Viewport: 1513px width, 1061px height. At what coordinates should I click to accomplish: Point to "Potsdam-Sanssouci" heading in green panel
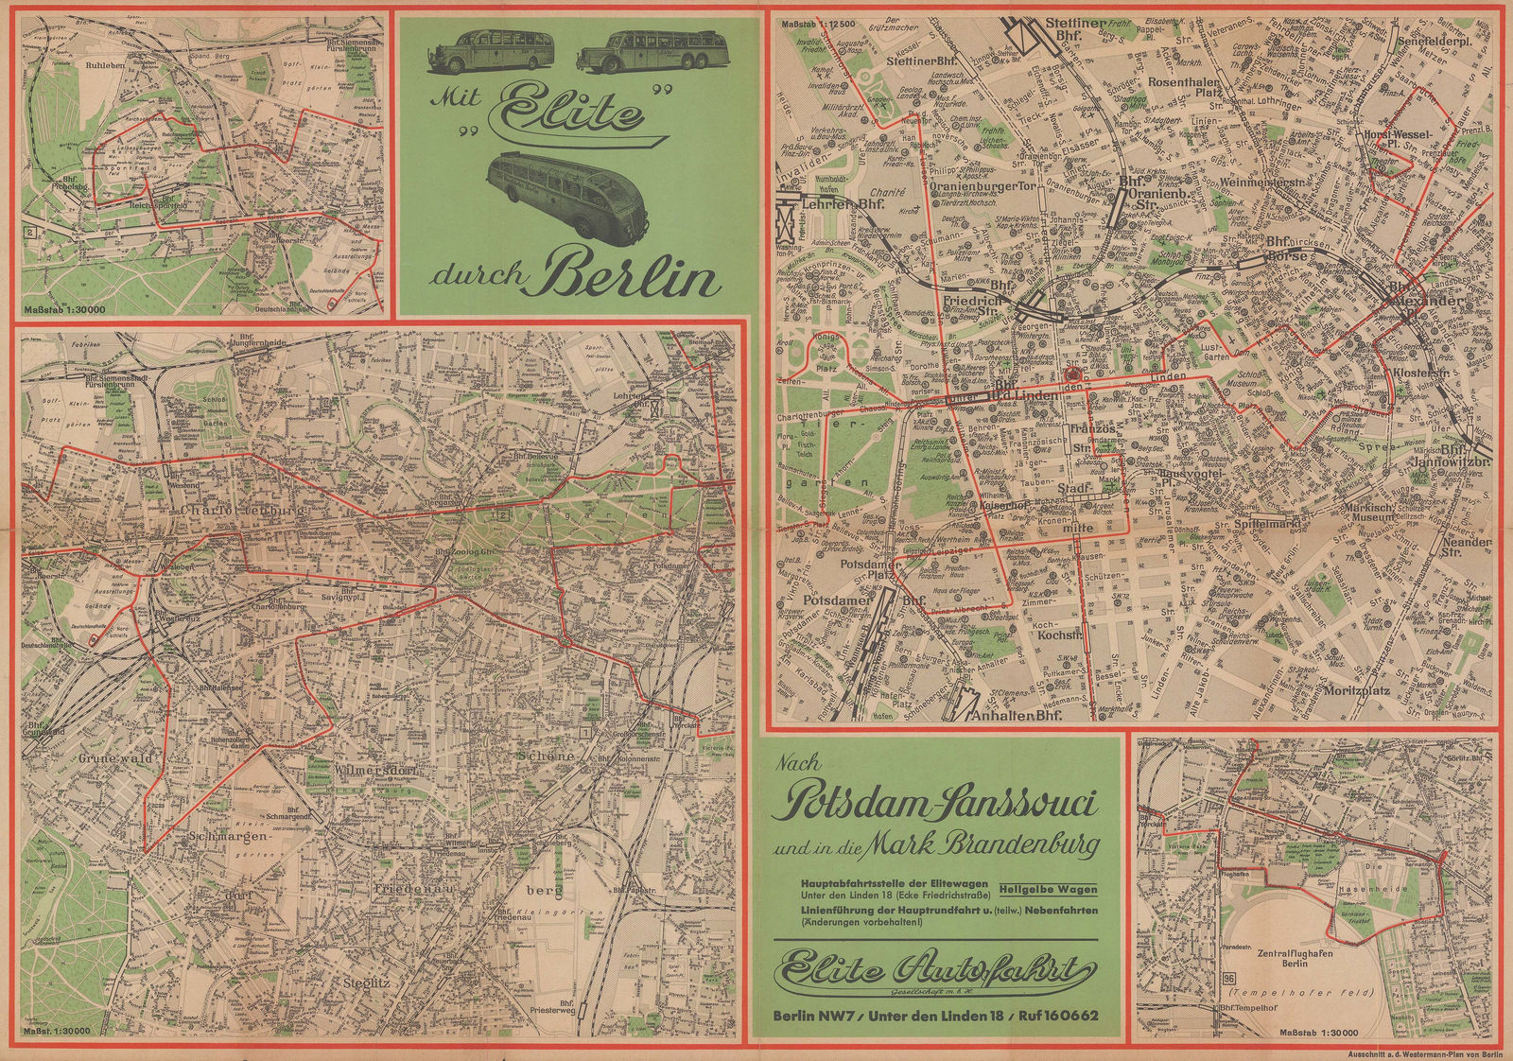(x=936, y=805)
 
